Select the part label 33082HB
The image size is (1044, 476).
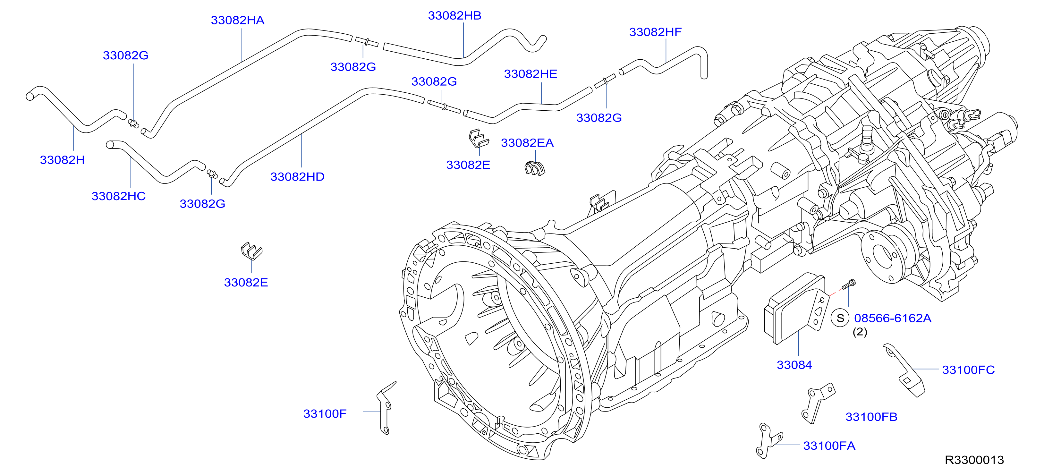click(x=455, y=15)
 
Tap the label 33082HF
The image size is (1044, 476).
click(x=655, y=32)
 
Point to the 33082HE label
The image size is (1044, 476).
click(x=530, y=74)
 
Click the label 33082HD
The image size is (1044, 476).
click(x=297, y=177)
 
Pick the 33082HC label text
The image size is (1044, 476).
click(x=118, y=196)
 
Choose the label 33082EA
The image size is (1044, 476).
click(x=527, y=143)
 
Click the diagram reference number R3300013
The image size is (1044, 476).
click(x=974, y=460)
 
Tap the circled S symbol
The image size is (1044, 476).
click(x=840, y=318)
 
